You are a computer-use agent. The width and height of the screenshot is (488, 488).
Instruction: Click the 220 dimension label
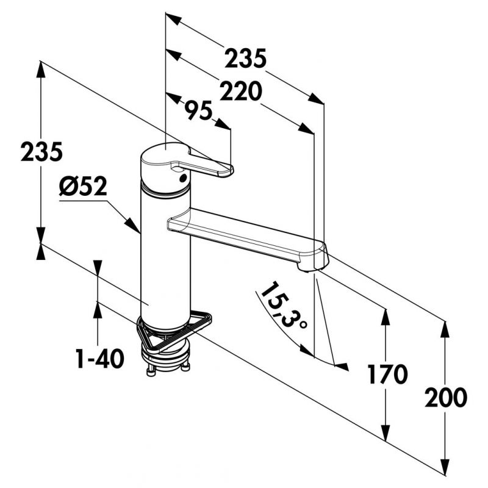coord(240,91)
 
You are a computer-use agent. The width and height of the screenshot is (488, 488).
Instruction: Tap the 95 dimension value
coord(198,110)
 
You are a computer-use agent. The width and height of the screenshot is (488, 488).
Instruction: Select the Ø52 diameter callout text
coord(83,187)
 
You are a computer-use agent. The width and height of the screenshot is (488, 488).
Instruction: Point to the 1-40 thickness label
coord(100,359)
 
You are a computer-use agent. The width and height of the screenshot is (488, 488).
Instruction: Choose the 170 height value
coord(387,374)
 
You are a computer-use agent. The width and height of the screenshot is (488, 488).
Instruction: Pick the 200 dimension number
coord(446,398)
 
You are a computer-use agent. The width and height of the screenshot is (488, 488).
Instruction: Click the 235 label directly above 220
coord(246,58)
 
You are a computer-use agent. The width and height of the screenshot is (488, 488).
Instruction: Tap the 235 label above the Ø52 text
coord(41,151)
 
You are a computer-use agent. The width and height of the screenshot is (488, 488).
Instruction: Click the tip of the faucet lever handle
coord(231,170)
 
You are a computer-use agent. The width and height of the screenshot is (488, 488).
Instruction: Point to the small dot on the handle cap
coord(182,178)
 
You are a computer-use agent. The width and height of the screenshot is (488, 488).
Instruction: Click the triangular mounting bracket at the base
coord(173,330)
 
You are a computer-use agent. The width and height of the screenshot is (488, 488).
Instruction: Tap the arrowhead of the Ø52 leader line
coord(133,225)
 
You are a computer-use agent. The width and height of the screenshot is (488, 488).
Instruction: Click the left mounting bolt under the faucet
coord(151,371)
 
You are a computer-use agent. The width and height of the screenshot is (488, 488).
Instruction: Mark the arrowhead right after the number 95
coord(223,124)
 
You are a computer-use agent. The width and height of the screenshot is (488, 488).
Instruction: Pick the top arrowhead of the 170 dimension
coord(386,317)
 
